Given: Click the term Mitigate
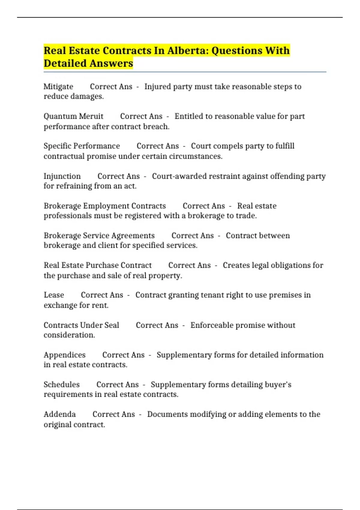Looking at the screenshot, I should coord(58,87).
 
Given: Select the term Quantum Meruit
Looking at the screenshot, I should coord(73,116).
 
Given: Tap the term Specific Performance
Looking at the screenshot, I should coord(82,146).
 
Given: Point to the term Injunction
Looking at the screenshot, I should coord(62,176).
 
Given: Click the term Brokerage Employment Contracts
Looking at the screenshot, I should coord(105,206).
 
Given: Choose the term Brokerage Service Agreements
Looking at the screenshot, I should coord(99,235).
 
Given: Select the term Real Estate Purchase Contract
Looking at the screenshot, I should coord(97,265).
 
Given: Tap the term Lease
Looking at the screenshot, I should coord(54,295).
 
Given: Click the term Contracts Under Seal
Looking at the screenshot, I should coord(81,325).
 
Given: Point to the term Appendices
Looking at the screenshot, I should coord(64,355).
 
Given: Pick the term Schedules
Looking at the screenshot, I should coord(61,385).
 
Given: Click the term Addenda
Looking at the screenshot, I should coord(60,414).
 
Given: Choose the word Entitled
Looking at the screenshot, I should coord(189,116).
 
